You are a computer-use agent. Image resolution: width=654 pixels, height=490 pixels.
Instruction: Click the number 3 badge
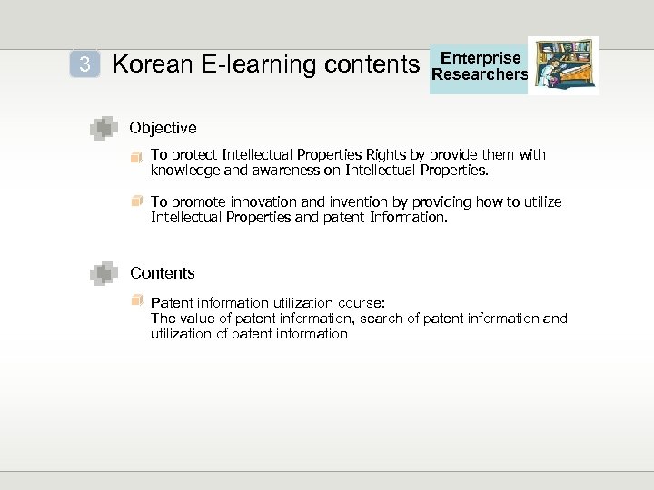[x=84, y=64]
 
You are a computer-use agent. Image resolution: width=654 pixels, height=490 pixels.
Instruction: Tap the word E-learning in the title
[x=242, y=64]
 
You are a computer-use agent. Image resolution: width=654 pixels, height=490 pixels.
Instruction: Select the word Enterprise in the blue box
[x=481, y=58]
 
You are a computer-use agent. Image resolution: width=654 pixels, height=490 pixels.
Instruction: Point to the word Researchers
[x=481, y=74]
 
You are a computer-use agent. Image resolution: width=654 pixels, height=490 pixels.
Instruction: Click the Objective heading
[x=163, y=128]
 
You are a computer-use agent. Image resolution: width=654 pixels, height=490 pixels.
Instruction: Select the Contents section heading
[x=163, y=272]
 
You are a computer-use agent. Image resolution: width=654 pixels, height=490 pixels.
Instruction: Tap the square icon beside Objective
[x=104, y=129]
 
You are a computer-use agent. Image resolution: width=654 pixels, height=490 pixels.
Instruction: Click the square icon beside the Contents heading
[x=104, y=272]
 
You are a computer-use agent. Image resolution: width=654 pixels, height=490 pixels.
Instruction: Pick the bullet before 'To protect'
[x=136, y=156]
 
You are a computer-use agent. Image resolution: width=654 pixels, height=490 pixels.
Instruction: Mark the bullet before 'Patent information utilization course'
[x=136, y=300]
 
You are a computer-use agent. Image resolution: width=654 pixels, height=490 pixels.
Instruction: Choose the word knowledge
[x=182, y=170]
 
